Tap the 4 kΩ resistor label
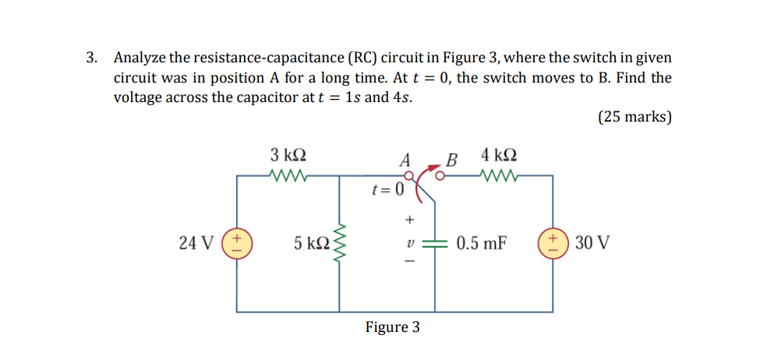pos(499,154)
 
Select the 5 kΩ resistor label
pos(309,243)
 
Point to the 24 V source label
pos(196,243)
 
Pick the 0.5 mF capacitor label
pos(482,243)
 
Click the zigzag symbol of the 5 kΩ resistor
pos(339,242)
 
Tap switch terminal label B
pos(451,161)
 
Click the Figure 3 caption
pos(392,326)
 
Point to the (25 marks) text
pos(634,117)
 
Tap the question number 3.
pos(92,58)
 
